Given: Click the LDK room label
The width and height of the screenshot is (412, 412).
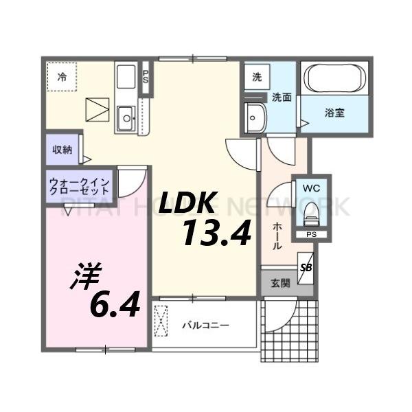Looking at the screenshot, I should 189,204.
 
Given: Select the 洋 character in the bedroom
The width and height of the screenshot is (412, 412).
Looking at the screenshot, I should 86,275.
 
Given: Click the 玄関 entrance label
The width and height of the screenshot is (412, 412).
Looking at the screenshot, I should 279,282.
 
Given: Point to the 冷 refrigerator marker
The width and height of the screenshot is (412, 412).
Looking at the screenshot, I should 62,78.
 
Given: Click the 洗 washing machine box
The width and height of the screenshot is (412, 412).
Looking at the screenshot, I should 256,78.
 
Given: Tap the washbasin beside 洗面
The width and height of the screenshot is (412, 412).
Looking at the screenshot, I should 256,119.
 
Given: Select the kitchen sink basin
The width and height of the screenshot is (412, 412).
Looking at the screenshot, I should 127,119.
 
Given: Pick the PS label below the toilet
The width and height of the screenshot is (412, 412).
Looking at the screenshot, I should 311,234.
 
